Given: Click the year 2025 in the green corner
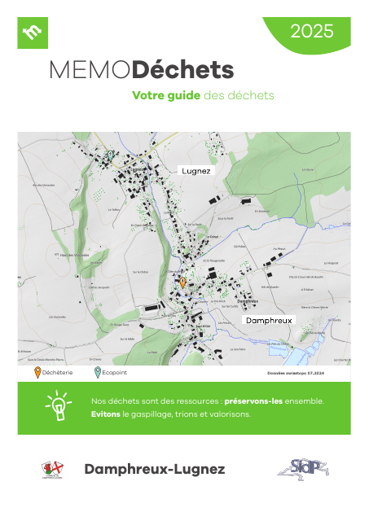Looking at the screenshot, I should (x=312, y=32).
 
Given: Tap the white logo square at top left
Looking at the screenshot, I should (x=33, y=33).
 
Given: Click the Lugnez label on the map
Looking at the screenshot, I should (x=196, y=171).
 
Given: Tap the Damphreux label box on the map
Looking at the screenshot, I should (x=268, y=321).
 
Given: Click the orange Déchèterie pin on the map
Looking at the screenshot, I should (x=183, y=282).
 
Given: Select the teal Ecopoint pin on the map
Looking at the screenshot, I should (x=111, y=154).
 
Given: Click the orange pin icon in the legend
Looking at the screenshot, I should (x=37, y=373).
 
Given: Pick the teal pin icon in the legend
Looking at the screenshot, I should (x=97, y=373).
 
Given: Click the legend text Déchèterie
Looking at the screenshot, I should (x=58, y=374).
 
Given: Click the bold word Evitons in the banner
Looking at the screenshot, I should (x=105, y=414).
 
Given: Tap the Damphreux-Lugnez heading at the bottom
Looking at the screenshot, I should (x=154, y=469).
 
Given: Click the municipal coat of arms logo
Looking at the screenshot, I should (x=52, y=470).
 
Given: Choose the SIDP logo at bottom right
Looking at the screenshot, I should (x=309, y=469).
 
